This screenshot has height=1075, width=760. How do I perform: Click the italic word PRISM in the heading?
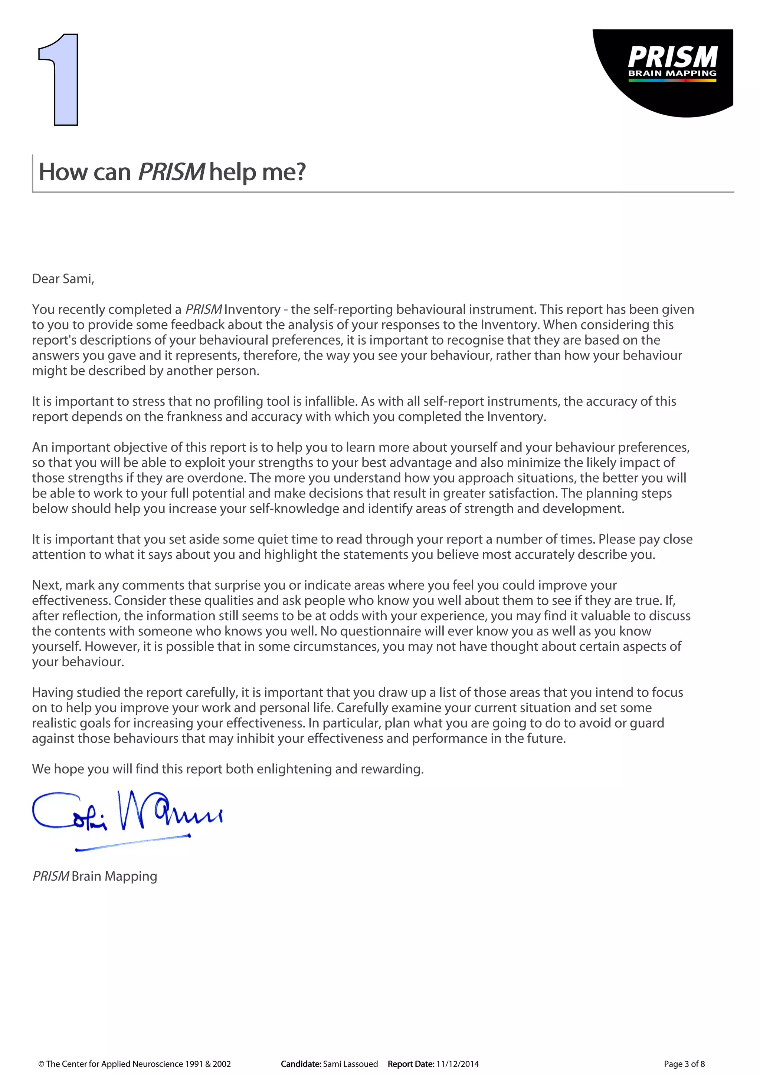[x=171, y=172]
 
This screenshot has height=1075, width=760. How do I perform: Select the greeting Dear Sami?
[x=63, y=279]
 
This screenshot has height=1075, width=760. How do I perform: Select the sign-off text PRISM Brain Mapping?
[x=95, y=876]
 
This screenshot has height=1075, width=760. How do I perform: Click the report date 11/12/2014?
[x=458, y=1064]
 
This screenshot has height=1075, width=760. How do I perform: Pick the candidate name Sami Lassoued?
[x=350, y=1064]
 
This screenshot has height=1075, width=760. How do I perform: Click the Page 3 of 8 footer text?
[x=684, y=1064]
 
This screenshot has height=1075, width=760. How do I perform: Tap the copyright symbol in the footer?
[x=41, y=1064]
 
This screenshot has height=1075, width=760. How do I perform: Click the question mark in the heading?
[x=300, y=172]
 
